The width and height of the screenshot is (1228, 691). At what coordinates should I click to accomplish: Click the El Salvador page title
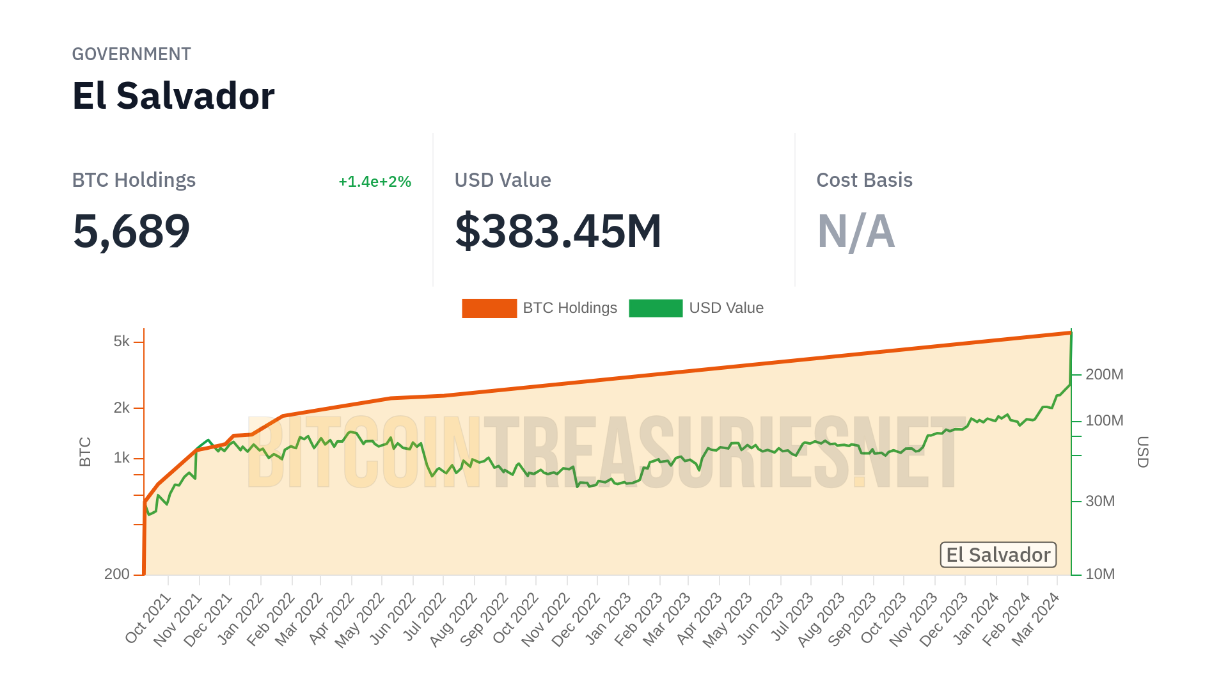173,96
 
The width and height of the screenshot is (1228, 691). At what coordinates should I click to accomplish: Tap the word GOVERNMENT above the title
131,54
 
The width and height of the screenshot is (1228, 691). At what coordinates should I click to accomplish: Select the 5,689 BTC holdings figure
131,231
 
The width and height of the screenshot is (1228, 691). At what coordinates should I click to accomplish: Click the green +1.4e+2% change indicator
374,182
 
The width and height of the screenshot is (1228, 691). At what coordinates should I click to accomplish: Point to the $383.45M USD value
558,231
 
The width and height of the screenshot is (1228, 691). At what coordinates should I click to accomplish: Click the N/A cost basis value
856,231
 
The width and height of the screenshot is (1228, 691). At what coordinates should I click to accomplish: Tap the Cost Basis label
864,180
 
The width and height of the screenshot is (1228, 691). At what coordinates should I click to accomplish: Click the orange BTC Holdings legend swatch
489,308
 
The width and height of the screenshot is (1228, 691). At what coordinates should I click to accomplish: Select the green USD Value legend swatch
656,308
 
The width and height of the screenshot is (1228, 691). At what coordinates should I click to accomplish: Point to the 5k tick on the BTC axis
122,342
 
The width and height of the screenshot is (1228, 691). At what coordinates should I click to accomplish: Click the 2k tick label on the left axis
122,408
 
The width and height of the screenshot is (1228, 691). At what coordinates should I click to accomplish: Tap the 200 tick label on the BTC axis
117,575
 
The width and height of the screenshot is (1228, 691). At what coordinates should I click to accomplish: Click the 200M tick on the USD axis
1104,374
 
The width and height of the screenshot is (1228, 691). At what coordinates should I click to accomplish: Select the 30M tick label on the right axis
1100,502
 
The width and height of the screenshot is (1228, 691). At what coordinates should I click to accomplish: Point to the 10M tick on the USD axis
1100,575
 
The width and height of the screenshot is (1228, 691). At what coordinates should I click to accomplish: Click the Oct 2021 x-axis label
148,617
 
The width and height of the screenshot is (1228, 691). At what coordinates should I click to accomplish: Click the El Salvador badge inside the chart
998,555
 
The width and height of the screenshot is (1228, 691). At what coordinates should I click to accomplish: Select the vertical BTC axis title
85,452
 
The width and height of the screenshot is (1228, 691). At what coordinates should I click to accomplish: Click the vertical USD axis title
1143,452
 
